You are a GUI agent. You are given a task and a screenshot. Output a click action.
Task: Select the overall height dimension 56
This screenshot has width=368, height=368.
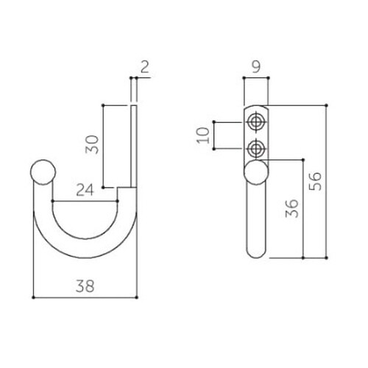315,180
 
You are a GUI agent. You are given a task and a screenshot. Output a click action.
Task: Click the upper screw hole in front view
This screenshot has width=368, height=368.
256,121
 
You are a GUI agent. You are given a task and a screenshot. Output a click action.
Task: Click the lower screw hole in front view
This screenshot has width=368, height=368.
256,149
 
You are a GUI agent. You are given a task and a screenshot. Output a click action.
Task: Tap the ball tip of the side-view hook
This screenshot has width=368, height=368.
43,173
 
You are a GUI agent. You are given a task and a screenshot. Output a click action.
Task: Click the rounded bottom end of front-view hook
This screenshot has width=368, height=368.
256,252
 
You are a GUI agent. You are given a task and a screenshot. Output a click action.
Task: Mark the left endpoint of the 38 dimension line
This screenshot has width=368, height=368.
34,297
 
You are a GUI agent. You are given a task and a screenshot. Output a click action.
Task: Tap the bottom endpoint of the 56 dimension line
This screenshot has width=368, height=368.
326,258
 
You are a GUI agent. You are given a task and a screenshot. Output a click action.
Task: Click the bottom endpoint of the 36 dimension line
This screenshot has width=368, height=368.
303,258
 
